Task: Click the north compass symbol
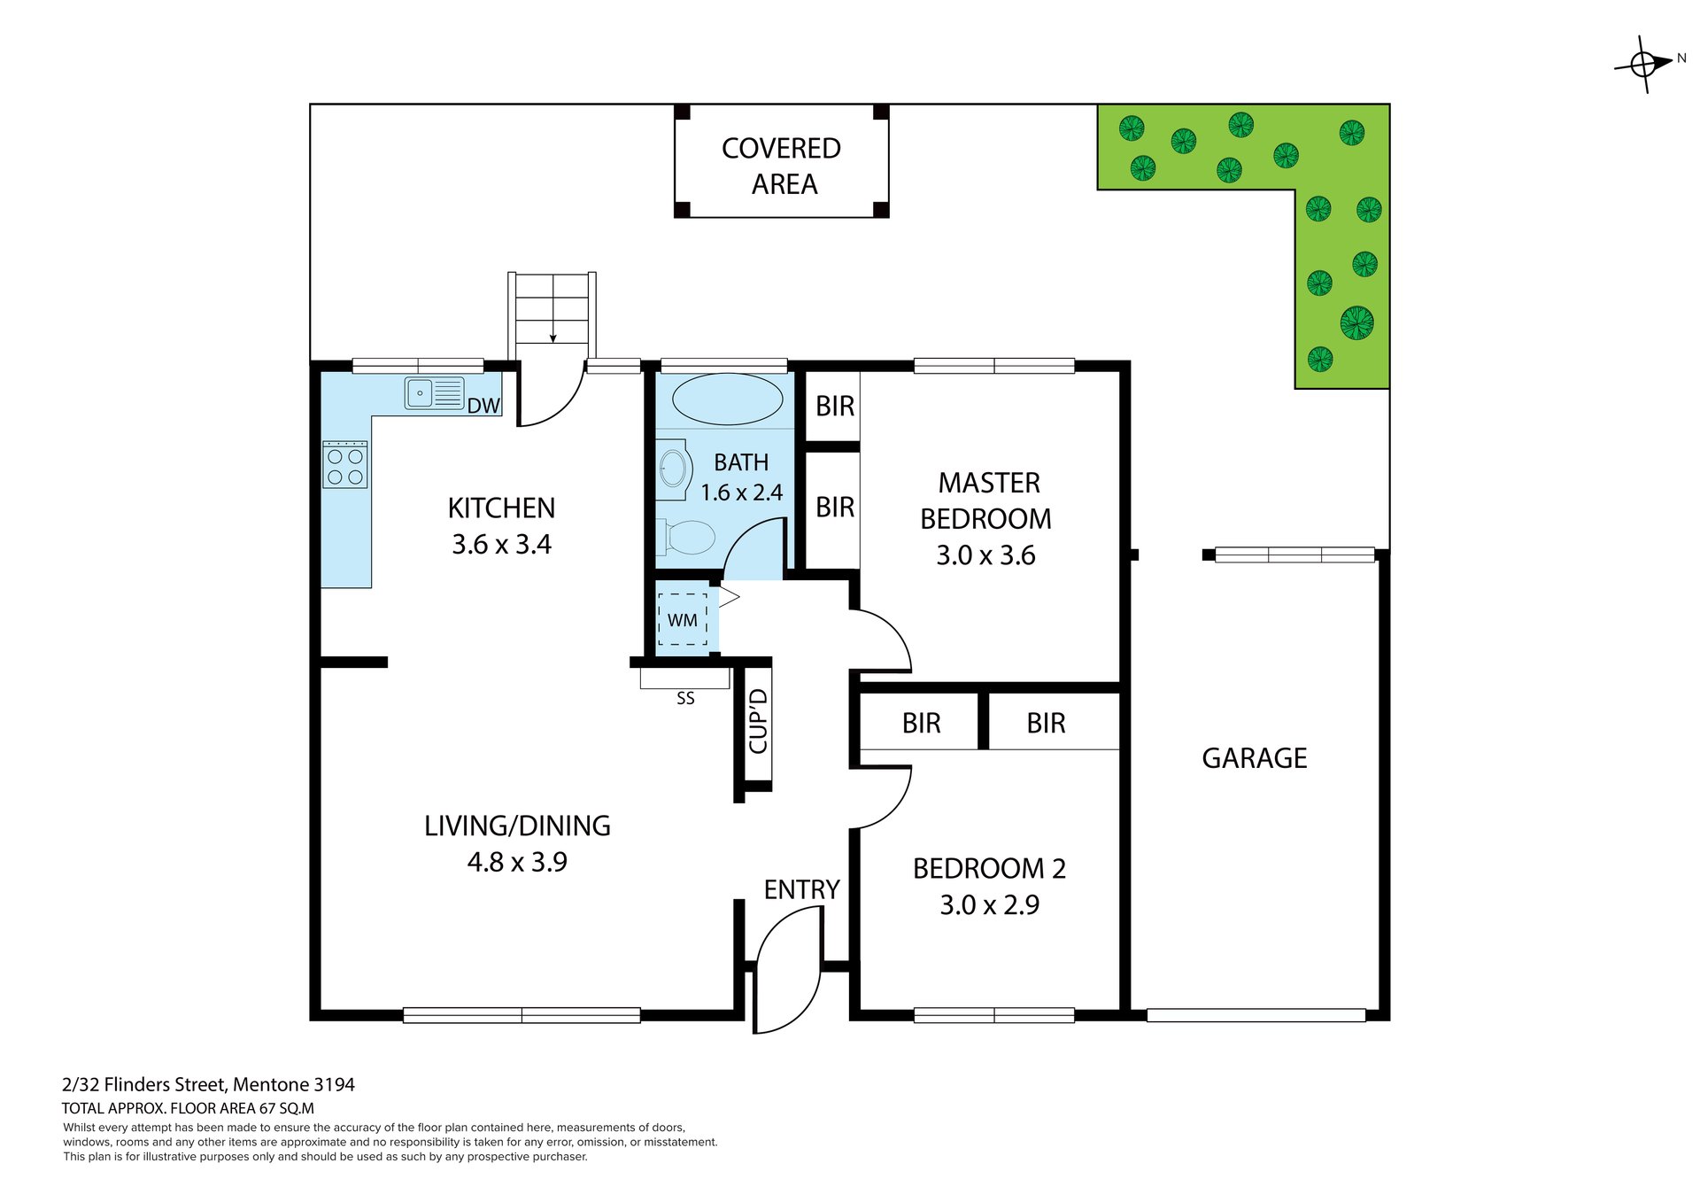1644,64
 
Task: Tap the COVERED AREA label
782,166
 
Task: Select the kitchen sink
435,392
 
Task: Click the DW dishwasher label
483,406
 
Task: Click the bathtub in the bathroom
727,399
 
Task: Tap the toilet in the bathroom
687,537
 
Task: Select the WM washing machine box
682,619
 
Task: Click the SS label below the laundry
685,699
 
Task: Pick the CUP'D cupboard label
758,721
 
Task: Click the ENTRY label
801,889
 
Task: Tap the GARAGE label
1254,758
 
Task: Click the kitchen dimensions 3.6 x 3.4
501,544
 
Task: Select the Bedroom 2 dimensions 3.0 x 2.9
989,904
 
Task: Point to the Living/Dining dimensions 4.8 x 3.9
517,861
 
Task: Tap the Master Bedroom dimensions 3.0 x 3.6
985,554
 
